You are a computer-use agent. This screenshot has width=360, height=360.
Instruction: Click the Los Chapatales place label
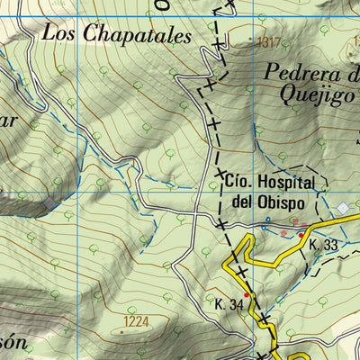pyautogui.click(x=116, y=35)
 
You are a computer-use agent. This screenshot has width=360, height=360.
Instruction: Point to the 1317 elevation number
pyautogui.click(x=267, y=41)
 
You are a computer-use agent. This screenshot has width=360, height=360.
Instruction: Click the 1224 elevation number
pyautogui.click(x=137, y=320)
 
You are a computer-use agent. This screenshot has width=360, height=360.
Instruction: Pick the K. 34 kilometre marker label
pyautogui.click(x=229, y=305)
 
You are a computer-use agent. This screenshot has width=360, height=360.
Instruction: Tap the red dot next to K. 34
pyautogui.click(x=247, y=294)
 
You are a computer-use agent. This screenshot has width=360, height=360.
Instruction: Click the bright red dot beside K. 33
pyautogui.click(x=301, y=235)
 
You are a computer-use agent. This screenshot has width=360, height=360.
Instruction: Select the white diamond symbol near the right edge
pyautogui.click(x=343, y=209)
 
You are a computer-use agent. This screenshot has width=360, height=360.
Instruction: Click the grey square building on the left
pyautogui.click(x=47, y=203)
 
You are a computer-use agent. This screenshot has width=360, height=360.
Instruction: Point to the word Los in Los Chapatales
pyautogui.click(x=60, y=35)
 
